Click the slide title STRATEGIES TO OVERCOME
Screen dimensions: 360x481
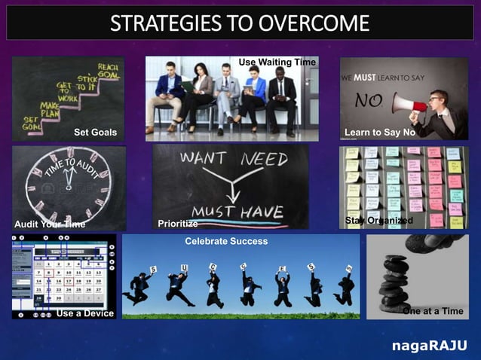coord(240,23)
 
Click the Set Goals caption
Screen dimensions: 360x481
coord(95,133)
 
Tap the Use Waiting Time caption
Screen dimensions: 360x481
coord(277,62)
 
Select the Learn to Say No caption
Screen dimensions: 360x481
coord(379,133)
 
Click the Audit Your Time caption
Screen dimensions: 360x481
coord(50,224)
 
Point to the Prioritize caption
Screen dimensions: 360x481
coord(178,224)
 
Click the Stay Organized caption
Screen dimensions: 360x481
coord(378,220)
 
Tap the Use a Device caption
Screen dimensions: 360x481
coord(85,313)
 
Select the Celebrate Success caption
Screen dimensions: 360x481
coord(226,242)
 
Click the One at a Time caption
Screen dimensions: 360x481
coord(433,311)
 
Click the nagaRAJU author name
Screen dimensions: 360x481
coord(429,346)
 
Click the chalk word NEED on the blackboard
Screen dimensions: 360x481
coord(264,160)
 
